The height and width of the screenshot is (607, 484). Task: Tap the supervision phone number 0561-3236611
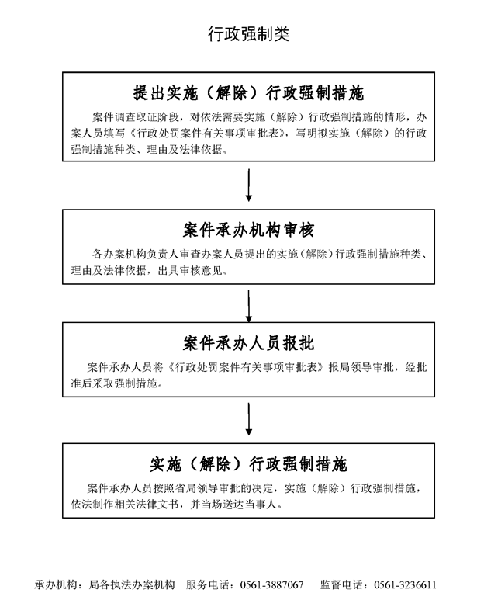point(405,585)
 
